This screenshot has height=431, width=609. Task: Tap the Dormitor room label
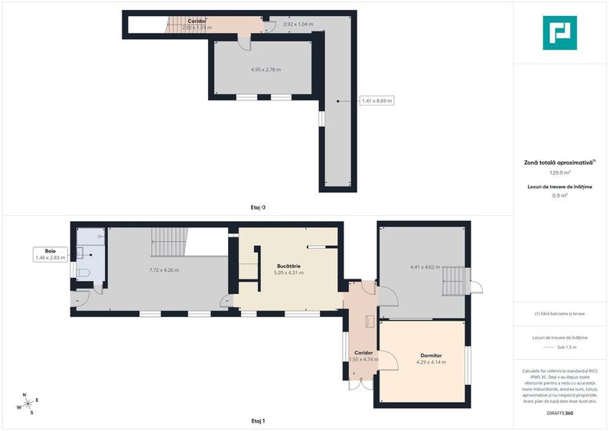coord(431,354)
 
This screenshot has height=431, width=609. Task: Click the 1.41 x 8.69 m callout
coord(376,100)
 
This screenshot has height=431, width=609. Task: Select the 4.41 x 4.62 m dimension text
coord(425,266)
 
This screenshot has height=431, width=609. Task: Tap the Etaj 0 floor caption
coord(258,207)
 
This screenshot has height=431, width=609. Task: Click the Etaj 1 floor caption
coord(258,421)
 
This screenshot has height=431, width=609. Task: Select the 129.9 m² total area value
coord(560,173)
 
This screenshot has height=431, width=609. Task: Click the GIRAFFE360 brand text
coord(560,413)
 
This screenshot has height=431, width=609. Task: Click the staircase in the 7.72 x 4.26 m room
coord(168,243)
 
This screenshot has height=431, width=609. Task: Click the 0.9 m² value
coord(560,196)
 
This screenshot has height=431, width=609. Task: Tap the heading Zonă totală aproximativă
coord(559,162)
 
